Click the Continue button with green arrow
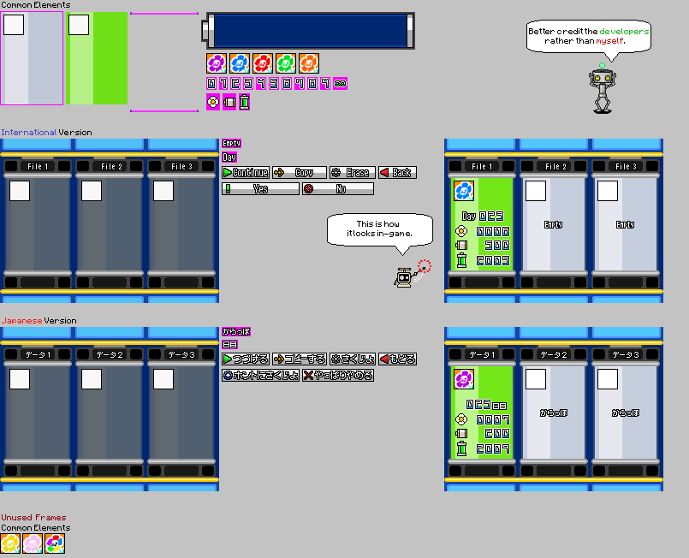[x=246, y=173]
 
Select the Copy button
[x=300, y=173]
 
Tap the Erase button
[x=352, y=173]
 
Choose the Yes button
[x=260, y=189]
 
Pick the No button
[x=338, y=189]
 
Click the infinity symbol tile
[x=340, y=83]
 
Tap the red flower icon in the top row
[x=263, y=62]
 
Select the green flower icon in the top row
[x=286, y=62]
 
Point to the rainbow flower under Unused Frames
[x=55, y=543]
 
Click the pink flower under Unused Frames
[x=33, y=543]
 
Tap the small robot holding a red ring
[x=404, y=276]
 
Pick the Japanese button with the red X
[x=338, y=375]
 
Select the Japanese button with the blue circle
[x=260, y=375]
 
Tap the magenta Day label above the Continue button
[x=229, y=157]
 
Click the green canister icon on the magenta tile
[x=244, y=103]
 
